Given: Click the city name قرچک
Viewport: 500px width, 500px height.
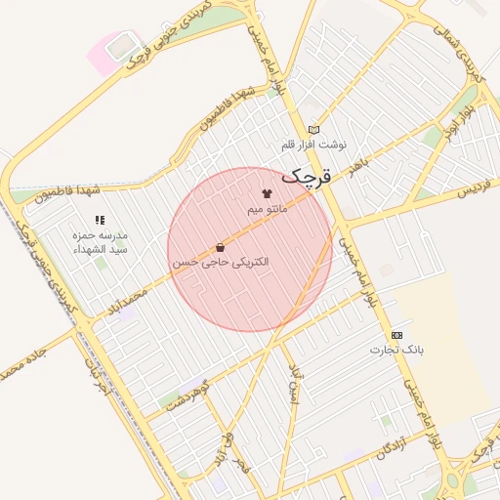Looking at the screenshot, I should [308, 177].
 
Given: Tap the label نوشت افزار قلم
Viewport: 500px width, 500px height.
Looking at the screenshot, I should [313, 145].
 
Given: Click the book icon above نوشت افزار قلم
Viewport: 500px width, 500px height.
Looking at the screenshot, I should [313, 130].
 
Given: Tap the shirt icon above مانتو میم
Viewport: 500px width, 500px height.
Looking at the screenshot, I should [267, 194].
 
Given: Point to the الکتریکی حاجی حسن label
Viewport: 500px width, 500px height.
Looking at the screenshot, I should [222, 263].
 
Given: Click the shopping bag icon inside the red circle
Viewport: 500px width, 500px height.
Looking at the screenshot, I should [220, 248].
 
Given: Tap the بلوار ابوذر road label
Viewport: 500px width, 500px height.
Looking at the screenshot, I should [459, 119].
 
